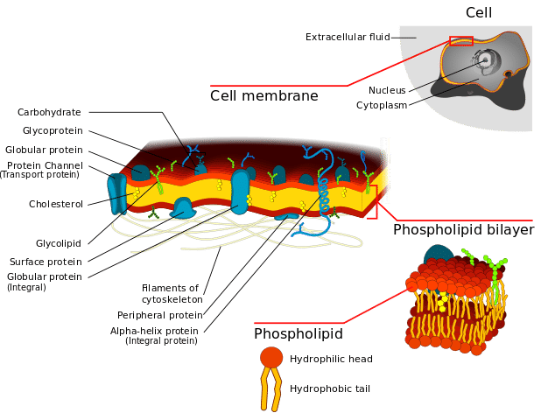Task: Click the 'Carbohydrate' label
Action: pos(49,112)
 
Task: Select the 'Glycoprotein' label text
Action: pos(53,131)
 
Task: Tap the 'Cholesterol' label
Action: pos(56,204)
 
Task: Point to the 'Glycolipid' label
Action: pos(59,243)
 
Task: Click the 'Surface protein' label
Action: pos(46,262)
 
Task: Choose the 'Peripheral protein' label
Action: pos(160,316)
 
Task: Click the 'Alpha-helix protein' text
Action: pos(154,331)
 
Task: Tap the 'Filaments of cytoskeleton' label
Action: pos(172,294)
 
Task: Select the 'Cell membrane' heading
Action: pos(264,96)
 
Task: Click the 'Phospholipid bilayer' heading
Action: pos(464,230)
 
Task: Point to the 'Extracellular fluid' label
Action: pos(348,37)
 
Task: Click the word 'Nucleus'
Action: pos(387,90)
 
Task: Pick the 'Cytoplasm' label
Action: pos(382,106)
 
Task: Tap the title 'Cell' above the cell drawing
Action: pos(479,13)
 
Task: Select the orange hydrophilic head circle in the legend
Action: pos(271,357)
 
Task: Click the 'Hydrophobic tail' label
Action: pos(330,389)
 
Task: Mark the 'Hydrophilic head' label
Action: pos(331,360)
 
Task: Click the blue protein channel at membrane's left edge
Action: pos(117,193)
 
